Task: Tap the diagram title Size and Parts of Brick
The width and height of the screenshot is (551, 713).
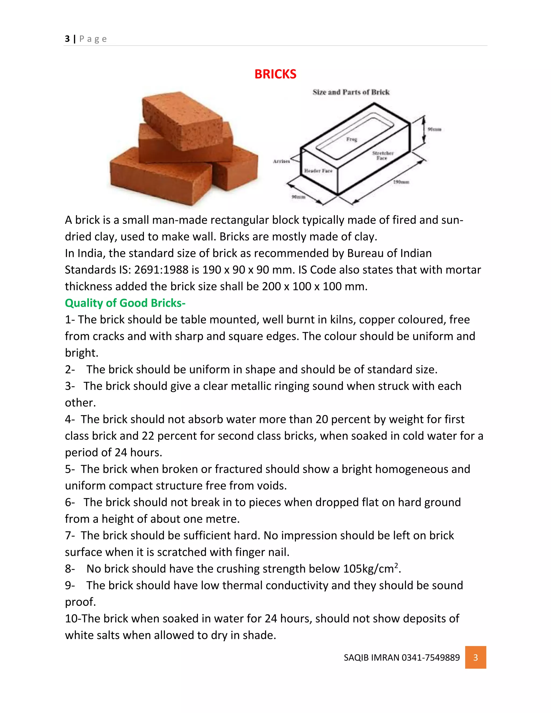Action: (351, 92)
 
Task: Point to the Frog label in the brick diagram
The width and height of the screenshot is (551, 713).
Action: (352, 139)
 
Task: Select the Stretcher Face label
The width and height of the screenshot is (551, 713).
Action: (383, 156)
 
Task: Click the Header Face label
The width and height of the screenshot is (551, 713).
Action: (318, 171)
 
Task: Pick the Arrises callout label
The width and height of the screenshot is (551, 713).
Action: (281, 161)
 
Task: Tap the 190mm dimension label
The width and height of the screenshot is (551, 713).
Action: (401, 182)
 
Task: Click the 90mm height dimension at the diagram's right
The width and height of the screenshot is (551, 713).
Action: (434, 129)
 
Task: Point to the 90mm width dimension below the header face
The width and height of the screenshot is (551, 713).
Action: (298, 197)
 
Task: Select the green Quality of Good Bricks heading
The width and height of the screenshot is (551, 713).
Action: (125, 303)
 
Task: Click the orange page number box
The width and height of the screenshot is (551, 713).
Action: (475, 657)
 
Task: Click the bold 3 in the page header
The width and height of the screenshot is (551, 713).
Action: (67, 39)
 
